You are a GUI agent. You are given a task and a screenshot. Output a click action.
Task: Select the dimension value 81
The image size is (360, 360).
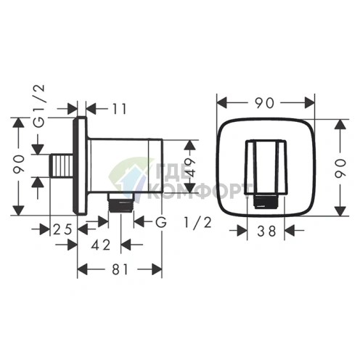click(x=120, y=269)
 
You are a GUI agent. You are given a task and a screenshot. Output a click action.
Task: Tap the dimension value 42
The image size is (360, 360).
click(x=101, y=245)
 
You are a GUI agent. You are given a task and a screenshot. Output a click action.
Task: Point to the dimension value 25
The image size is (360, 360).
click(x=62, y=229)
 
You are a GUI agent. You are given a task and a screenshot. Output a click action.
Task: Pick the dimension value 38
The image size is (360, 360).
click(x=266, y=231)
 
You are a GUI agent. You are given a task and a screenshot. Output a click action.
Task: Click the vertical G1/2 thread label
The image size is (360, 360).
click(x=39, y=106)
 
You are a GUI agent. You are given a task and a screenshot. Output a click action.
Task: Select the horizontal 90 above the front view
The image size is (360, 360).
click(x=265, y=103)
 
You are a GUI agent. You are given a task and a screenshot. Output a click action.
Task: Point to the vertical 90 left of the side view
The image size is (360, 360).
click(x=19, y=165)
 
